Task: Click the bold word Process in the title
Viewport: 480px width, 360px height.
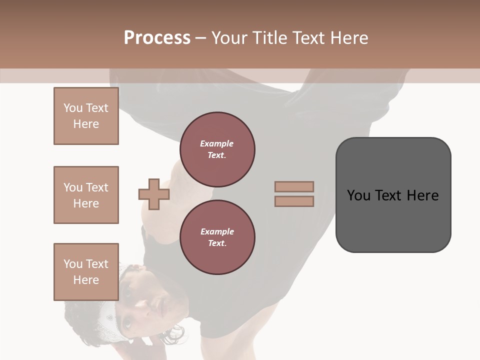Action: pos(157,37)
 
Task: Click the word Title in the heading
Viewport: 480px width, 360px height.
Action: pos(270,38)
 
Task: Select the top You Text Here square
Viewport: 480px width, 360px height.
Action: pos(86,116)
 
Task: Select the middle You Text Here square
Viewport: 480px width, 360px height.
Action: pos(86,195)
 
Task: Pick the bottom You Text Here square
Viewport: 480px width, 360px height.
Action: pos(86,271)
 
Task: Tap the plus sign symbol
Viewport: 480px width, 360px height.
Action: pos(154,194)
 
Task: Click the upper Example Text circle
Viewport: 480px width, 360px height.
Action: pos(217,149)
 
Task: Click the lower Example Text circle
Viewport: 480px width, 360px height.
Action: pos(217,237)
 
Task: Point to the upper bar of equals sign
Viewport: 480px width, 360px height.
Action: pos(294,186)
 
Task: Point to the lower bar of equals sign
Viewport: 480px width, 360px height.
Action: pos(294,201)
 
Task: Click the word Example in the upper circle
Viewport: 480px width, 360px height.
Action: pos(217,143)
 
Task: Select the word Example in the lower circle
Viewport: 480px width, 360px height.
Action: pos(217,231)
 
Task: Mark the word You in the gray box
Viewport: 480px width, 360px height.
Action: pos(359,195)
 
